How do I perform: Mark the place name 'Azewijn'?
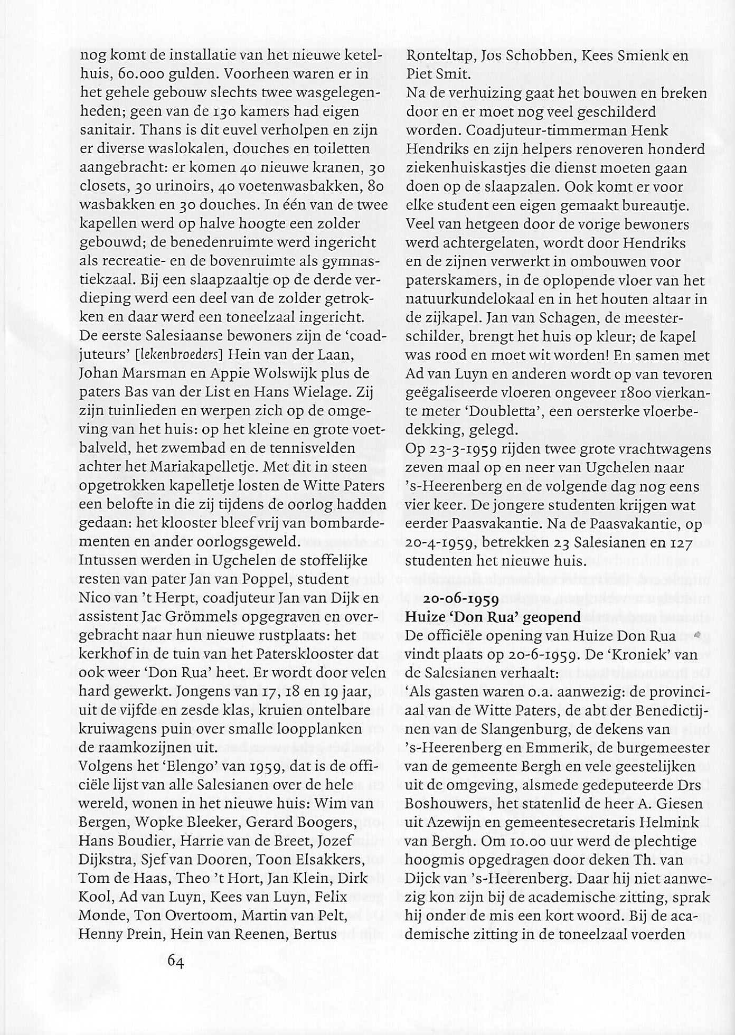coord(453,822)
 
